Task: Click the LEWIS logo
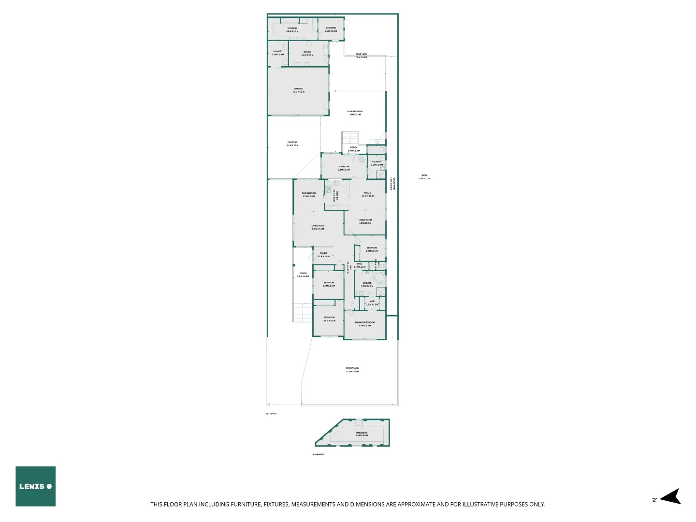[x=35, y=486]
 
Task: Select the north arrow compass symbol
[x=670, y=497]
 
